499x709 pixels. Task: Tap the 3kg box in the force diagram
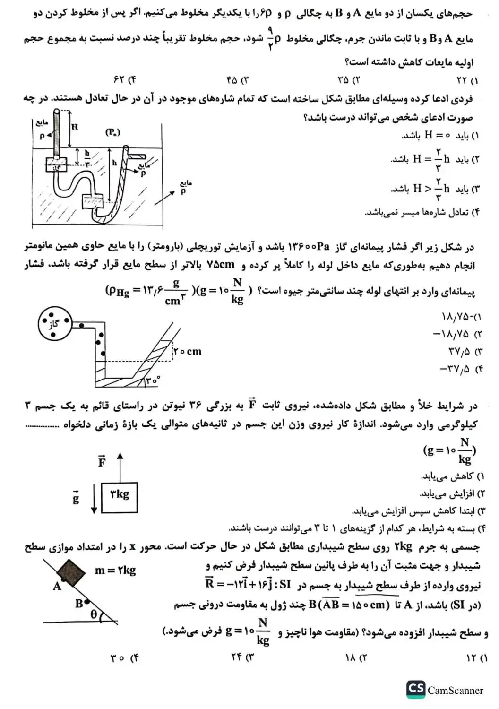(120, 497)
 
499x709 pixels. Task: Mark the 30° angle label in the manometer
(153, 380)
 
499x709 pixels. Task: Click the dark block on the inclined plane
(71, 572)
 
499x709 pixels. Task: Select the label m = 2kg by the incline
(115, 570)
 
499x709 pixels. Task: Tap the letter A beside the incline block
(57, 586)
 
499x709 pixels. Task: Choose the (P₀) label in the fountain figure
(112, 132)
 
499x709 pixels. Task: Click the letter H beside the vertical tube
(75, 126)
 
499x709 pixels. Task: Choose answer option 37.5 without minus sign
(459, 352)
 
